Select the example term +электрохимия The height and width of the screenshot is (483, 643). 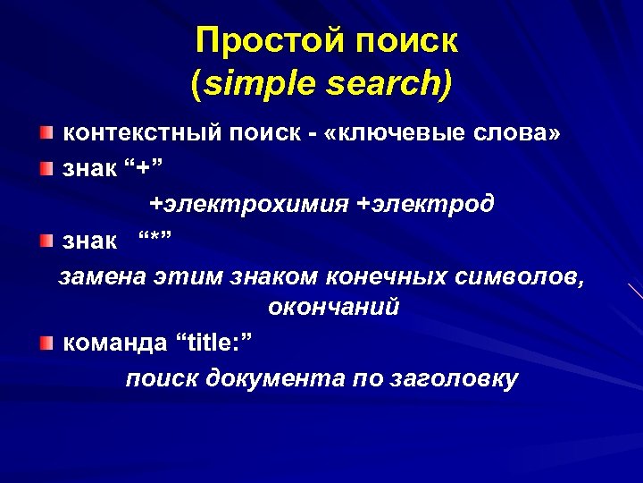click(x=248, y=204)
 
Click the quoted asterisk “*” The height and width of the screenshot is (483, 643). click(x=153, y=240)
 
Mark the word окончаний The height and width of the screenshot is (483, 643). click(x=332, y=308)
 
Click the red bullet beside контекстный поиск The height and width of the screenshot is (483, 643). click(x=46, y=133)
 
